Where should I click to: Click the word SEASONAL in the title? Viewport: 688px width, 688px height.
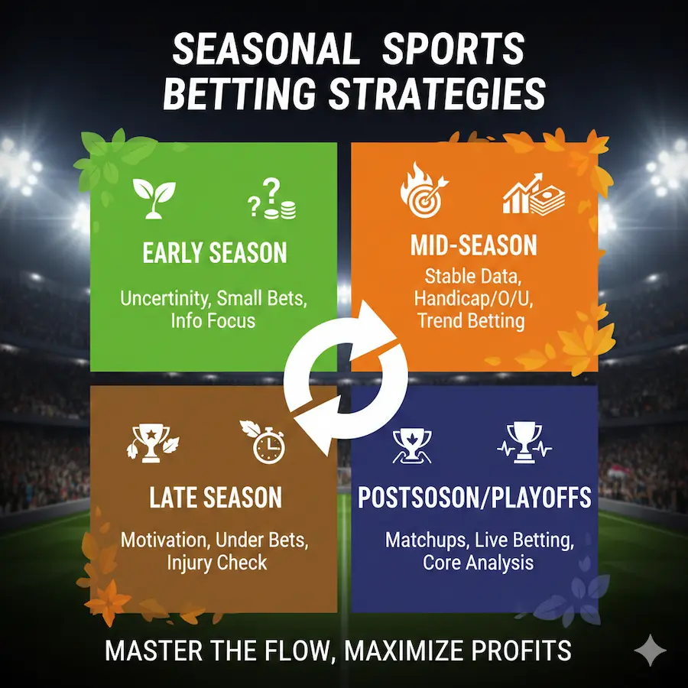coord(266,50)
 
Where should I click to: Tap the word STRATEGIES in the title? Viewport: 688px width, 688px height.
coord(437,93)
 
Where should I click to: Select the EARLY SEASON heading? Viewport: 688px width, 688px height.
coord(215,253)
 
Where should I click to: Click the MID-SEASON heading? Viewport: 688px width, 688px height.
coord(473,245)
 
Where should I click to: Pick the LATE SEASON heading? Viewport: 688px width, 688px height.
coord(216,498)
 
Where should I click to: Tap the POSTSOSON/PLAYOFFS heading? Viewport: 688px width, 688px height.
coord(474,498)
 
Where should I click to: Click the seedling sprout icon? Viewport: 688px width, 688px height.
coord(154,198)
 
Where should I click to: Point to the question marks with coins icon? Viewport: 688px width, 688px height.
coord(272,198)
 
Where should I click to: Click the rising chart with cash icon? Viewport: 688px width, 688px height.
coord(534,193)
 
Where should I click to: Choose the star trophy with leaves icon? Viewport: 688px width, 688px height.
coord(152,443)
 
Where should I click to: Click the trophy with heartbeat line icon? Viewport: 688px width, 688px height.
coord(524,443)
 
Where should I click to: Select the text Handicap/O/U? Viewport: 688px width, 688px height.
coord(473,299)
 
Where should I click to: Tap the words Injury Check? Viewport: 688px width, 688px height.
coord(217,563)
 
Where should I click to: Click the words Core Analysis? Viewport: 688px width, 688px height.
coord(478,563)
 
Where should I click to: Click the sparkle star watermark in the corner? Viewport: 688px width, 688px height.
coord(651,651)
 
